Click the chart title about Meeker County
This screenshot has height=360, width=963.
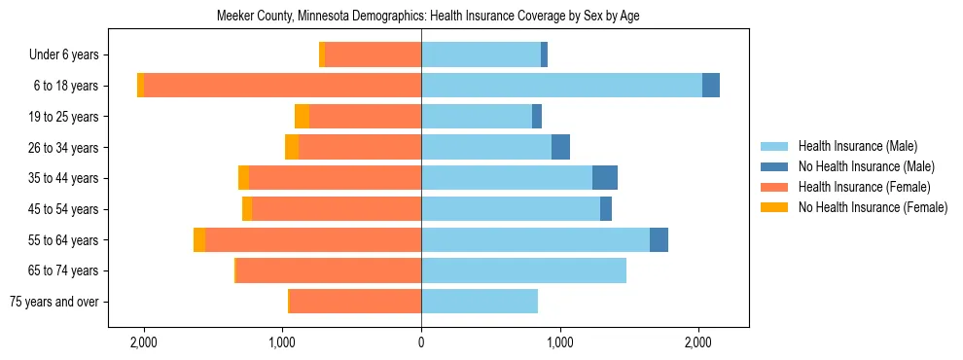coord(421,17)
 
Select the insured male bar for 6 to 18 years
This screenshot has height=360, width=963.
coord(561,85)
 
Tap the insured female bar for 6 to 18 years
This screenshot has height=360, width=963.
coord(282,85)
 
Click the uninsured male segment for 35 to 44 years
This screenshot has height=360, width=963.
coord(605,178)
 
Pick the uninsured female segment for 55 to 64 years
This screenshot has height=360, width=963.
coord(199,239)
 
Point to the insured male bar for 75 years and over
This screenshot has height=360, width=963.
coord(480,302)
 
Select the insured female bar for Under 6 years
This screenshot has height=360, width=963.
coord(374,54)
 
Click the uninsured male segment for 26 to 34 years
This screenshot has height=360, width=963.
coord(560,147)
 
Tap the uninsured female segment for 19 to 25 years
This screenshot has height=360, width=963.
coord(303,116)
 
